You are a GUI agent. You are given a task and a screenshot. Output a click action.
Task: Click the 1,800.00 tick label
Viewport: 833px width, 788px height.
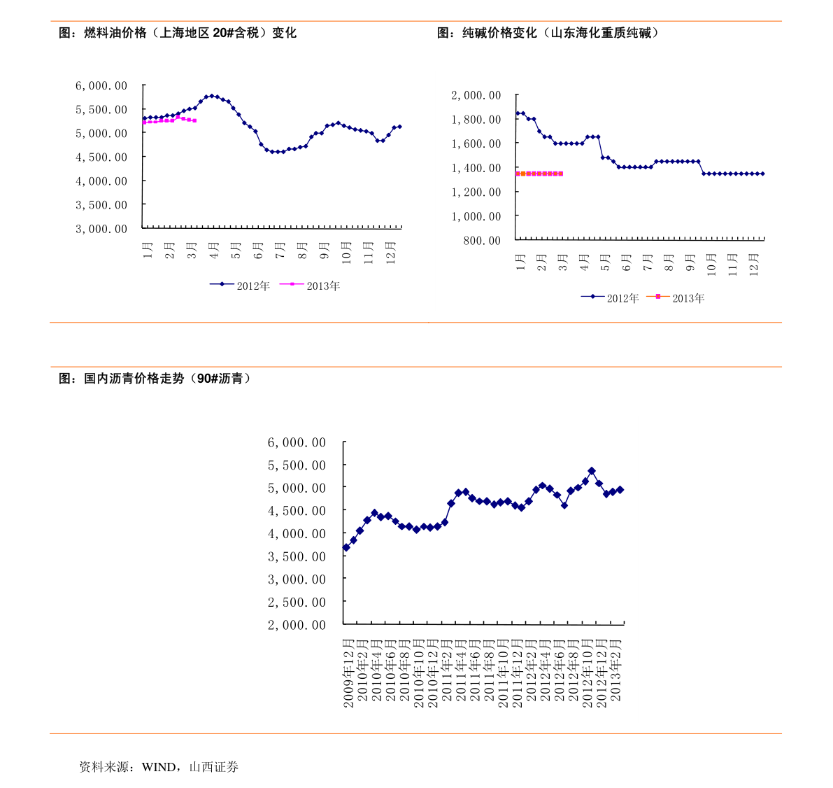click(476, 120)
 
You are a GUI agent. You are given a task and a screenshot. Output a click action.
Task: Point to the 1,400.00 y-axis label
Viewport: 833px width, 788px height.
click(476, 168)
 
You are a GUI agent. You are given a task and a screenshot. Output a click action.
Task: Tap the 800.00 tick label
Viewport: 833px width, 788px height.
click(481, 241)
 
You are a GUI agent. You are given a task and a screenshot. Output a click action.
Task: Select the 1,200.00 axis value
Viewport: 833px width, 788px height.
click(476, 192)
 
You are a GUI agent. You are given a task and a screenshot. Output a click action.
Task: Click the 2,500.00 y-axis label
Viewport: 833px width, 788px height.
click(297, 602)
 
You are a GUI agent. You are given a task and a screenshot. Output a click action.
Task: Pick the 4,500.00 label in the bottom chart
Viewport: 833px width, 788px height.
click(297, 511)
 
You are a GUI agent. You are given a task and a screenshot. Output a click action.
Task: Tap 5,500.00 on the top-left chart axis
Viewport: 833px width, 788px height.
click(101, 110)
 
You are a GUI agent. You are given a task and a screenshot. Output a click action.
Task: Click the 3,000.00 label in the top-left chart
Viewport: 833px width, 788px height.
click(101, 229)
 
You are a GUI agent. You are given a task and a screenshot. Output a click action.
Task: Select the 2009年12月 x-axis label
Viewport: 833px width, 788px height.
click(348, 673)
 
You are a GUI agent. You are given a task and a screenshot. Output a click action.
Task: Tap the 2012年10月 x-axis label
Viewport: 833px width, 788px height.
click(588, 673)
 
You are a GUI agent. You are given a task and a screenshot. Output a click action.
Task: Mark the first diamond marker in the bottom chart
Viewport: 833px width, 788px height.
click(346, 547)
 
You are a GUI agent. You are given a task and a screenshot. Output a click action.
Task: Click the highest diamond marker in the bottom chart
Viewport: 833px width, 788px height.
click(592, 471)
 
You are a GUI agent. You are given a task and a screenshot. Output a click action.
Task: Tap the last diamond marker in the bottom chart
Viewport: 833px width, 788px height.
click(620, 490)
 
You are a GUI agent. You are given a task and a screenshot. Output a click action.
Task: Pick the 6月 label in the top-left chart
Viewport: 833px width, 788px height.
click(257, 250)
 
